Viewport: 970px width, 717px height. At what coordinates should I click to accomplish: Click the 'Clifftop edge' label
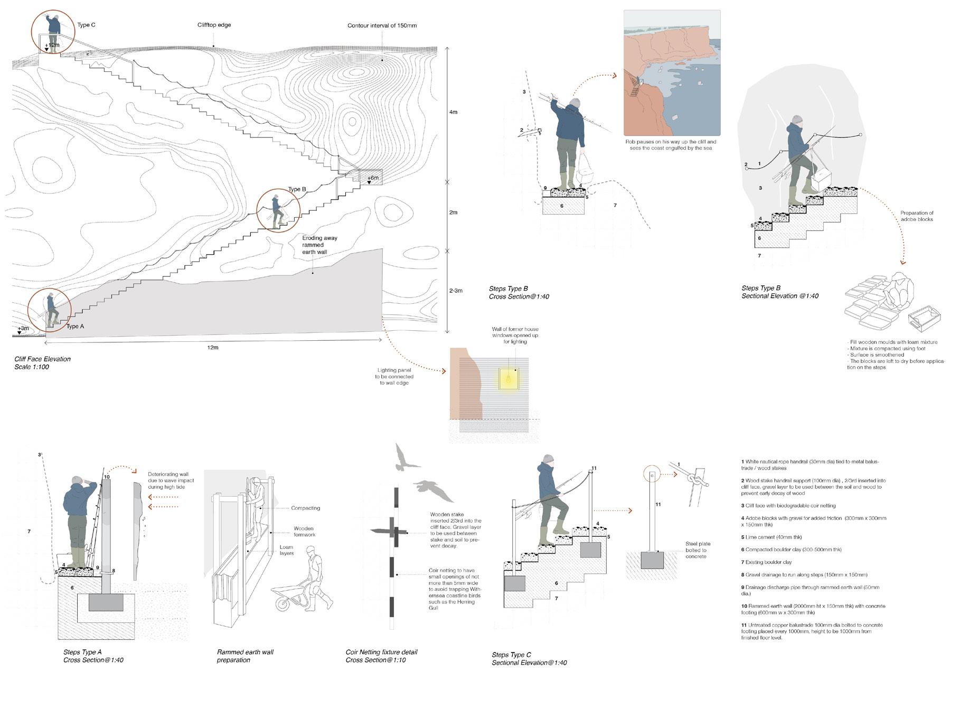click(214, 25)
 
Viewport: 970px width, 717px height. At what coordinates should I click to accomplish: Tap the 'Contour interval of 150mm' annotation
click(382, 25)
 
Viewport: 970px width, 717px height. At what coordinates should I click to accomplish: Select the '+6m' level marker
click(373, 178)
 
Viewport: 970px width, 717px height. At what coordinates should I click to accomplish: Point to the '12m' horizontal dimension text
click(213, 348)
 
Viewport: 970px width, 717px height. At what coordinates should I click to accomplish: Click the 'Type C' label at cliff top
click(86, 25)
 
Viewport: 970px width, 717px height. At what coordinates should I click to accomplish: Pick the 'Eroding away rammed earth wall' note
click(319, 245)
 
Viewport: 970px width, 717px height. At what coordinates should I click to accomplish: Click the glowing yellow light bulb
click(509, 378)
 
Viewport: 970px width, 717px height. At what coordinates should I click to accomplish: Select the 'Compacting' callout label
click(305, 508)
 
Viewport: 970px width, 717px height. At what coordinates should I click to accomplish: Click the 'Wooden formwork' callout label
click(304, 532)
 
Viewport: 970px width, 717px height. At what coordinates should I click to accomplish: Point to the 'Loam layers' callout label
click(287, 551)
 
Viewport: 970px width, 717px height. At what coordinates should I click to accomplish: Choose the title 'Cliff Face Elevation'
click(43, 359)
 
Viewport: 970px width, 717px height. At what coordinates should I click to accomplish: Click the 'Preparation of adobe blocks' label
click(917, 216)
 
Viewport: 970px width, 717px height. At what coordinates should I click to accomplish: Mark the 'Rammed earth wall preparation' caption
click(245, 656)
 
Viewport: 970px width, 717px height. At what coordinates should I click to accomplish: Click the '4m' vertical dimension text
click(453, 112)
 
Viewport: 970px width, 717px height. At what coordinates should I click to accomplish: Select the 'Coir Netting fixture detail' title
click(381, 652)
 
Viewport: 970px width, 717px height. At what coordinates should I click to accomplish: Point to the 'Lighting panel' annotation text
click(394, 376)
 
